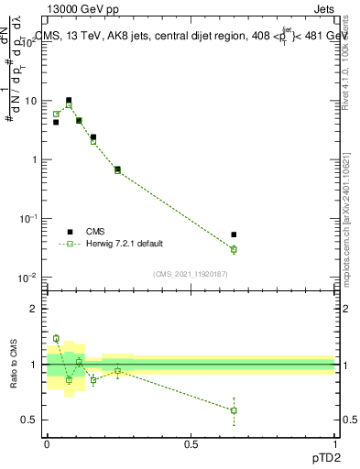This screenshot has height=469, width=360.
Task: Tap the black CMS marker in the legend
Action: tap(70, 232)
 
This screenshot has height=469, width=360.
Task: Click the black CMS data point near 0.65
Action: tap(234, 235)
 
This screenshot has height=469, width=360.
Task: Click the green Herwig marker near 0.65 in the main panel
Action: tap(234, 249)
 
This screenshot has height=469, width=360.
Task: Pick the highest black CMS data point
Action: tap(69, 101)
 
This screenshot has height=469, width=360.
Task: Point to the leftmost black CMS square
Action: tap(56, 122)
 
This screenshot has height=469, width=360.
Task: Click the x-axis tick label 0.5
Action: tap(191, 442)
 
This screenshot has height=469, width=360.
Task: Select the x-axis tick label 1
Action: tap(334, 442)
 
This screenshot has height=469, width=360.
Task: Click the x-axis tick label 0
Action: tap(48, 442)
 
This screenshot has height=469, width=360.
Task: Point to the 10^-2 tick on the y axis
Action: tap(30, 278)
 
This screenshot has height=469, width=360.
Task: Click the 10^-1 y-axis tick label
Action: tap(30, 219)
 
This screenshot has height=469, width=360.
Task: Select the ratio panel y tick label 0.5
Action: tap(30, 420)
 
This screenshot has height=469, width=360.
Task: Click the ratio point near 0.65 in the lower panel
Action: tap(234, 410)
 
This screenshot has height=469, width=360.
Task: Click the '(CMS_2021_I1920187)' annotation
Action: tap(191, 273)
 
